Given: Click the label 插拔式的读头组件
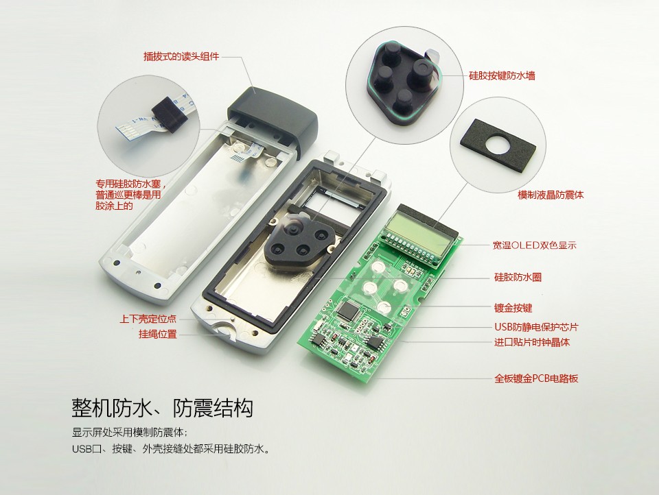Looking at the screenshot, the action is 181,56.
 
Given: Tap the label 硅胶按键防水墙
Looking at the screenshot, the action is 502,75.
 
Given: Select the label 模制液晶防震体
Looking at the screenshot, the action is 551,195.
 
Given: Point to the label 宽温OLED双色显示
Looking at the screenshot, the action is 534,245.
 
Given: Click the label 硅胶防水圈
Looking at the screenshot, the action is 518,277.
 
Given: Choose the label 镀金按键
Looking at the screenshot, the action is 513,308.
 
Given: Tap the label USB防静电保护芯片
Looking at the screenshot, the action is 536,326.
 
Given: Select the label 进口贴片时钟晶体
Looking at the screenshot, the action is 531,342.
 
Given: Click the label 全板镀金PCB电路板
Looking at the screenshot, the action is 536,378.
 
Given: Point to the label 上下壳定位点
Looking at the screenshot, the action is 148,319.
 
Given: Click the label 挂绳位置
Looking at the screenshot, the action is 158,334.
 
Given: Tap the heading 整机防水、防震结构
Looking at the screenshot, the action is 163,407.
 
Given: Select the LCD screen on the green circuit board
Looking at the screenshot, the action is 416,233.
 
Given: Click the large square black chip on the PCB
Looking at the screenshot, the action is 349,311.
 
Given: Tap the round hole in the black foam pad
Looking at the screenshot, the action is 498,145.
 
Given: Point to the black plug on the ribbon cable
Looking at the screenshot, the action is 169,115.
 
